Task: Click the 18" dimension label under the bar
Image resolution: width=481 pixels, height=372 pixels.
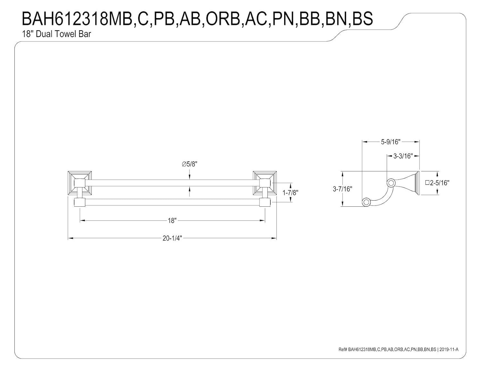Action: [172, 221]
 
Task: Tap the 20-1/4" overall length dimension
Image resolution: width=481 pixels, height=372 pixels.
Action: [172, 238]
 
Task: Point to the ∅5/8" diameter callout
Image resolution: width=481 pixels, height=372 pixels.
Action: [190, 164]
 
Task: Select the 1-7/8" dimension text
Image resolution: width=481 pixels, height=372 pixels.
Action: [290, 193]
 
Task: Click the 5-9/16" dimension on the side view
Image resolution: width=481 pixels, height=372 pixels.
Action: [391, 142]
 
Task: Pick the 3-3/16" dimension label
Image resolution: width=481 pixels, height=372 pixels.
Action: [402, 156]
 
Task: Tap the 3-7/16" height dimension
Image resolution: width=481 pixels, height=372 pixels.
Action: [342, 189]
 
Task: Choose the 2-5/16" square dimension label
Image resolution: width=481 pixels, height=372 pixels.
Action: [437, 183]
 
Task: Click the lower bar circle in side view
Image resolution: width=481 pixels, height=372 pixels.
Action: [366, 202]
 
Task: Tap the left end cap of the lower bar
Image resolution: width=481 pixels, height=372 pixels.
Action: [79, 202]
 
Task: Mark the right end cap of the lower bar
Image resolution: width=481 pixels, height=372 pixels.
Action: [265, 202]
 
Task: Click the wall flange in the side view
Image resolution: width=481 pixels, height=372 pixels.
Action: [417, 183]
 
